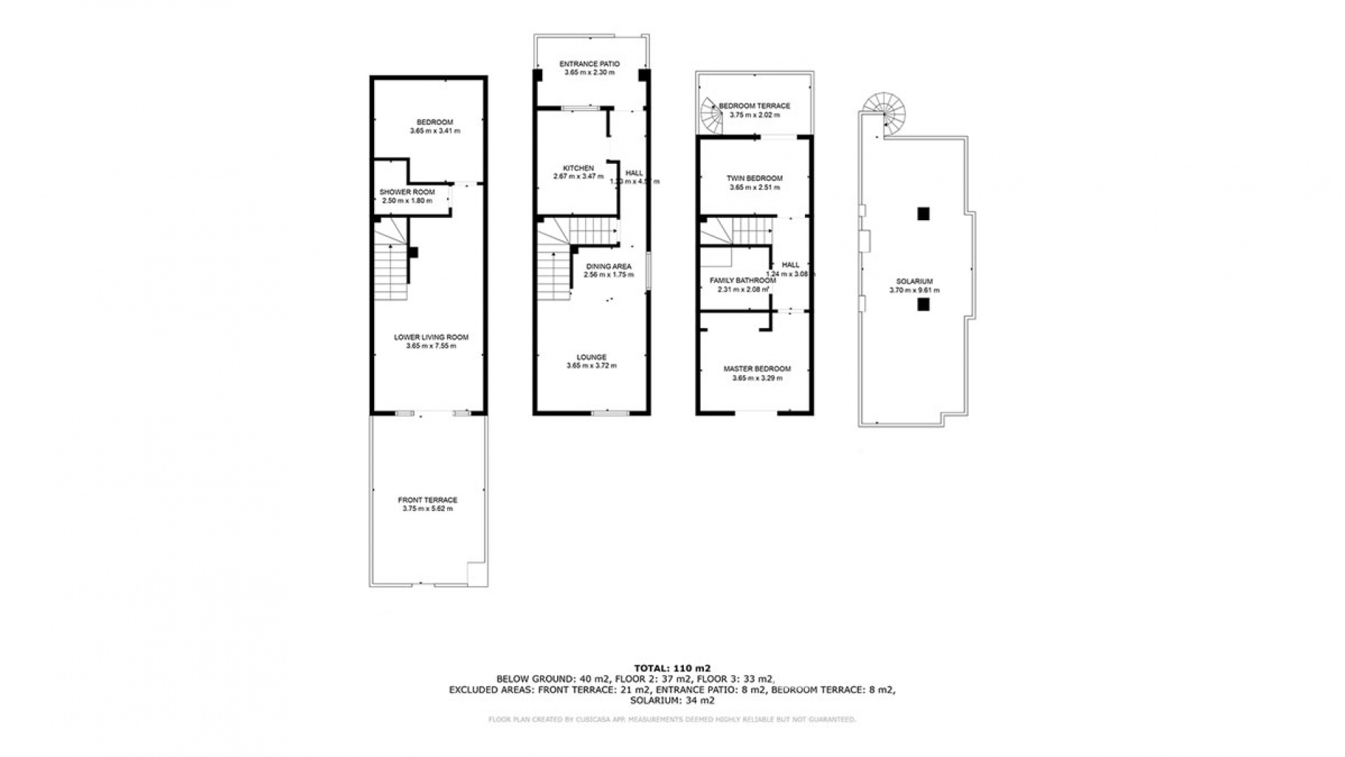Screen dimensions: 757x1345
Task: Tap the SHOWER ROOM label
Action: pyautogui.click(x=406, y=192)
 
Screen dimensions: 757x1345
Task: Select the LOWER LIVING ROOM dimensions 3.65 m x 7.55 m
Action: pyautogui.click(x=431, y=346)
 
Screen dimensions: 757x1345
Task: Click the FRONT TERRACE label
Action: pyautogui.click(x=427, y=500)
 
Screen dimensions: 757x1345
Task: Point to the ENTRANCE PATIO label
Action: pyautogui.click(x=589, y=64)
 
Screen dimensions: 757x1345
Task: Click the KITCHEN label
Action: pyautogui.click(x=578, y=168)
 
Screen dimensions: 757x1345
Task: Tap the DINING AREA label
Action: pyautogui.click(x=608, y=266)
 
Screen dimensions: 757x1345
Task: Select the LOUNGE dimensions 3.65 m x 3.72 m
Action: pyautogui.click(x=591, y=366)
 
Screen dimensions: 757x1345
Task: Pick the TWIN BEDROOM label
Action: pyautogui.click(x=754, y=178)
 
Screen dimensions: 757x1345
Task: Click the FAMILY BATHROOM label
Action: pyautogui.click(x=743, y=280)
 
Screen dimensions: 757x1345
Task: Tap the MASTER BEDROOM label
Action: pyautogui.click(x=757, y=369)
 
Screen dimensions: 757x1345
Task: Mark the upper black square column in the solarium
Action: pyautogui.click(x=924, y=214)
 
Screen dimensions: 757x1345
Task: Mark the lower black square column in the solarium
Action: pyautogui.click(x=924, y=304)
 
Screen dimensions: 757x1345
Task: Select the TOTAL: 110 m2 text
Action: pyautogui.click(x=672, y=668)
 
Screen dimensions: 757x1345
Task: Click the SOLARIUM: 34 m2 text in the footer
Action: pyautogui.click(x=672, y=700)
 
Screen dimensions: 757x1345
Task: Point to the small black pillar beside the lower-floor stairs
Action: pyautogui.click(x=413, y=252)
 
